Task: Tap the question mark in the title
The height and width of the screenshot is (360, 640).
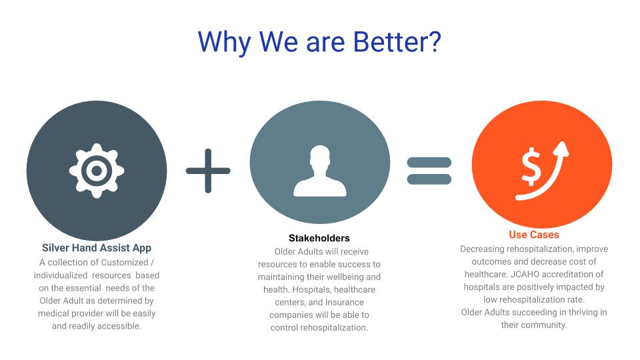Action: (x=433, y=41)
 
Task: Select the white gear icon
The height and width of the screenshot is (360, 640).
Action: (x=97, y=171)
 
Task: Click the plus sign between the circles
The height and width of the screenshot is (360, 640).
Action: (x=208, y=171)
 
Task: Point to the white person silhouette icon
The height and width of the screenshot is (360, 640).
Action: (x=319, y=171)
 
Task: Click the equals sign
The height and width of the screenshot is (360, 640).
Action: (x=429, y=171)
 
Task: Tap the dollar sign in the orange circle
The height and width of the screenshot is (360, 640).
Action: (x=531, y=167)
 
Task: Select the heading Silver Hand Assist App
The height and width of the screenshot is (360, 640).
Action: (x=97, y=248)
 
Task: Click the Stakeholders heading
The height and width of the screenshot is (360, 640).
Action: (x=319, y=238)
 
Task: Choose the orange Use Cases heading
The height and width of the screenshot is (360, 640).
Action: (x=534, y=235)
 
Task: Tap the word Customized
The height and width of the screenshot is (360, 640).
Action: (x=125, y=262)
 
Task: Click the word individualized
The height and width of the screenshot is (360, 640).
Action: (x=61, y=275)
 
